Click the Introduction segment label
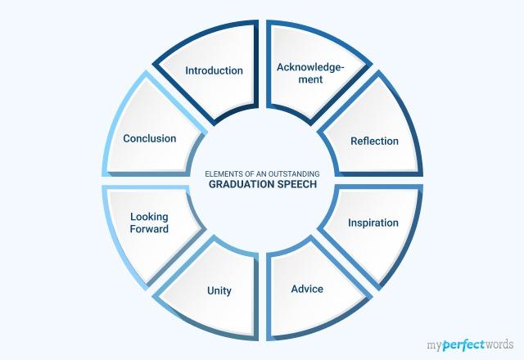tap(214, 70)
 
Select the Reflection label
tap(374, 141)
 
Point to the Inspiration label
tap(373, 223)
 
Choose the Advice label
tap(307, 289)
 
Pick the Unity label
tap(219, 290)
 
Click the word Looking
tap(149, 217)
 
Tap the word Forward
tap(149, 229)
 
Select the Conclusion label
tap(150, 138)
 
